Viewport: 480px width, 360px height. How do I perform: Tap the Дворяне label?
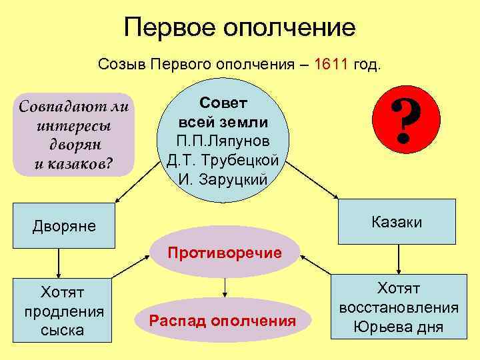64,226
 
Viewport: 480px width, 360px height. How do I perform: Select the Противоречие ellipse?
225,253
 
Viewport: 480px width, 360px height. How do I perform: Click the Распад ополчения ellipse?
223,321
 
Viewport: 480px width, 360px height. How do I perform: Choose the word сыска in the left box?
63,329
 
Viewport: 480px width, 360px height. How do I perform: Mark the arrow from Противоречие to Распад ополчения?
225,287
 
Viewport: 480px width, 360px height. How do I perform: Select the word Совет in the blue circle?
223,104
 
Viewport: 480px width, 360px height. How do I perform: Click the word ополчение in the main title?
289,28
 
